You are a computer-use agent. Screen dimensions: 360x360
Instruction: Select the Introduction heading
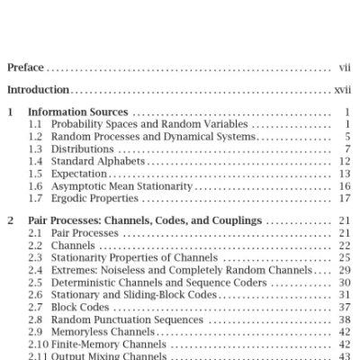click(x=39, y=89)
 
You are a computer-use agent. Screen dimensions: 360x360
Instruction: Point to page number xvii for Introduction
click(x=342, y=89)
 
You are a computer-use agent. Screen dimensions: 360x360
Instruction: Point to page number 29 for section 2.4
click(x=345, y=270)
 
